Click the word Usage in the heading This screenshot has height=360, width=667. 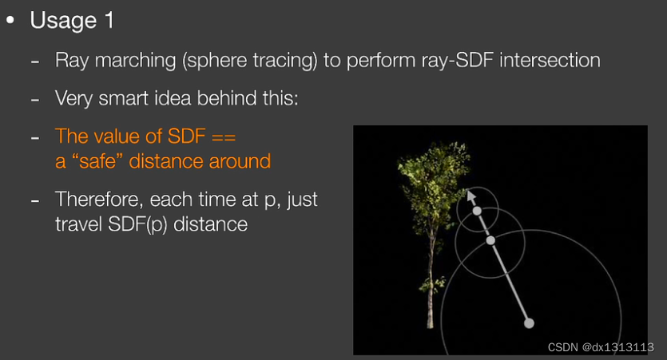pos(63,21)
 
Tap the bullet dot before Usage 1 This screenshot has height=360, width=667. pos(10,20)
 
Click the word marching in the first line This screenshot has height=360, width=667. pos(135,61)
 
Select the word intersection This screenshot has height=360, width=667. pos(550,60)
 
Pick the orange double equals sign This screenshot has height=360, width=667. pos(224,136)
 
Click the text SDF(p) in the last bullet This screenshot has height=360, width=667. pos(137,224)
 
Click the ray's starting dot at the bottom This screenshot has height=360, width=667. pos(529,323)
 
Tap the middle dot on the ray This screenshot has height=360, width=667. pos(490,240)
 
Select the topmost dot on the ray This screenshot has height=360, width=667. pos(477,211)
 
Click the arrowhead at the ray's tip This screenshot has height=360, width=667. pos(470,196)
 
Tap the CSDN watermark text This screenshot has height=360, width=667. pos(601,347)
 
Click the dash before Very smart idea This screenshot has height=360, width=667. pos(35,100)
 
